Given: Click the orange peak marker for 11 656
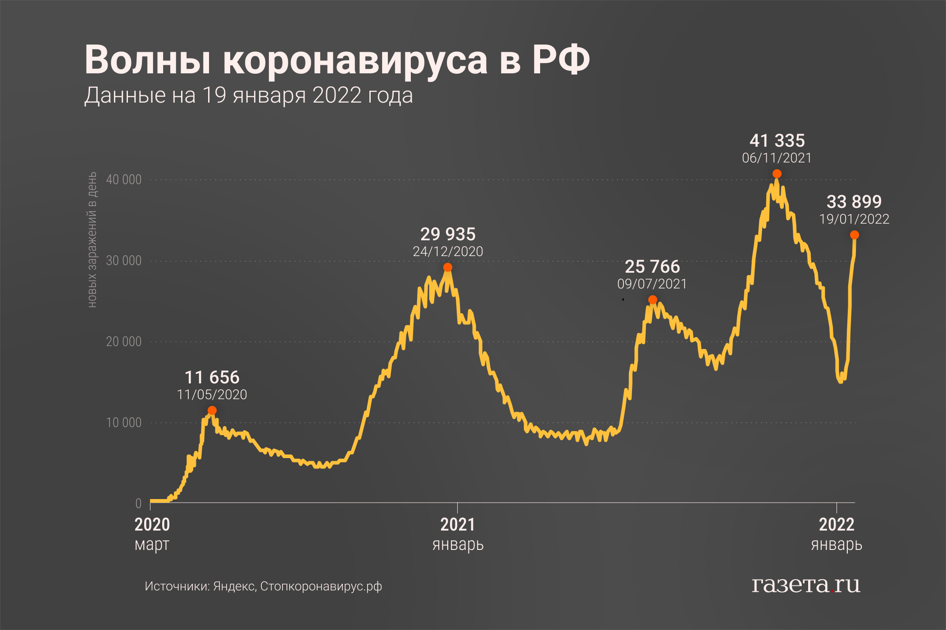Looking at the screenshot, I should click(x=212, y=410).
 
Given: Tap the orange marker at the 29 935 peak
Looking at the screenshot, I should click(x=448, y=267).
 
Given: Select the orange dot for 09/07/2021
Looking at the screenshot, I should click(x=652, y=300).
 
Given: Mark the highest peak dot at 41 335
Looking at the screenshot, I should click(x=777, y=174).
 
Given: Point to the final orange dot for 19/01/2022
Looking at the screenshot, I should click(x=855, y=235).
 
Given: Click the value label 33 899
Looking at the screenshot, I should click(x=854, y=202).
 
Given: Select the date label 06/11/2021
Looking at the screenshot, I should click(x=777, y=158).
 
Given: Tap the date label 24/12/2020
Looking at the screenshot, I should click(x=448, y=252).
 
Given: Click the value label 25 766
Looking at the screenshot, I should click(x=652, y=267).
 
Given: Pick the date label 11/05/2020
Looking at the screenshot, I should click(x=212, y=395).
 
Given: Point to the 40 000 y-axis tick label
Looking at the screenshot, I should click(x=123, y=180).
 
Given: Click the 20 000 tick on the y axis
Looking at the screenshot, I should click(x=123, y=342).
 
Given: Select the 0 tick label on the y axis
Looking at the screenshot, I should click(x=138, y=504).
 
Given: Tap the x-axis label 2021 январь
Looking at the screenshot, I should click(x=458, y=534).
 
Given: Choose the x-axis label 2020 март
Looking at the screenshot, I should click(x=152, y=534).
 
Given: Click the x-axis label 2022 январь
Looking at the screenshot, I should click(x=837, y=534).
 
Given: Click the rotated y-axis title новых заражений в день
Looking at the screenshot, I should click(x=92, y=239).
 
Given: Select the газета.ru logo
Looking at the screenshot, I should click(x=806, y=585).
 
